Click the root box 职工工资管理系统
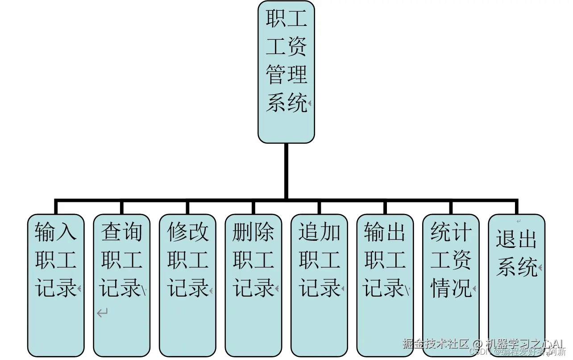coord(286,71)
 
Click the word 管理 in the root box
coord(286,75)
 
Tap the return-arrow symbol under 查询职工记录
coord(103,313)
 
